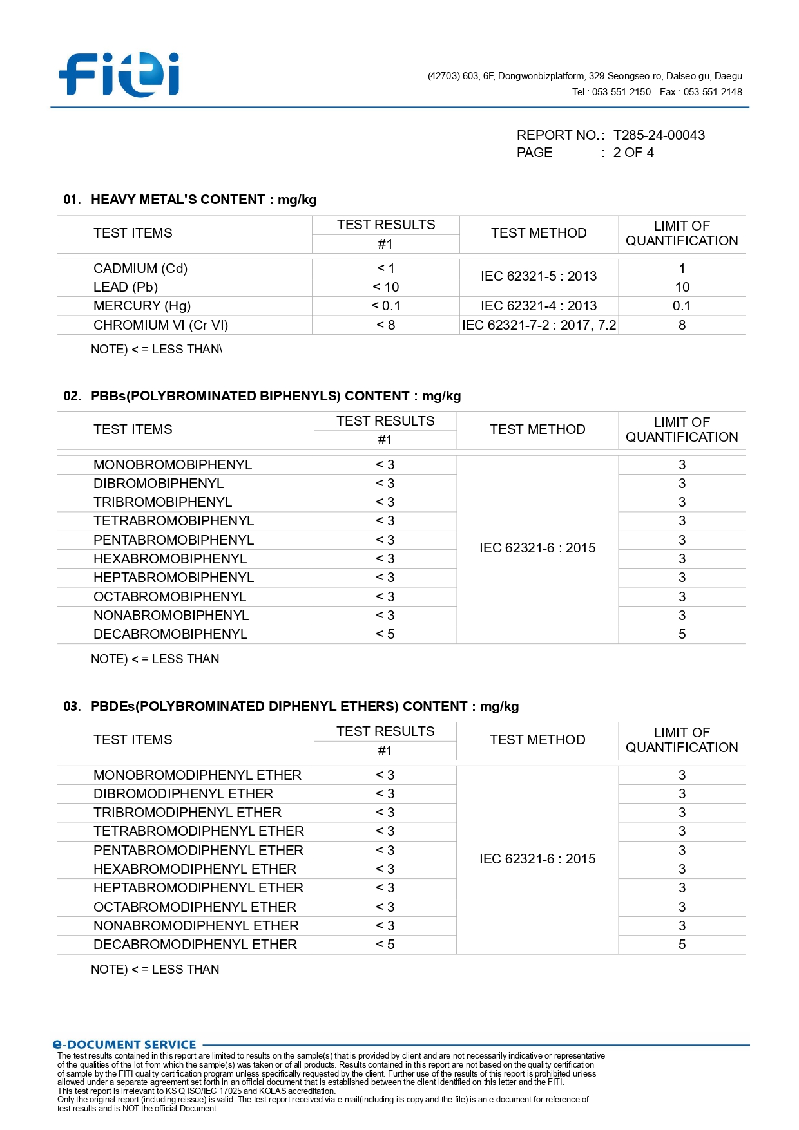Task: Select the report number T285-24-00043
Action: pyautogui.click(x=659, y=135)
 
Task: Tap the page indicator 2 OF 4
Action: pyautogui.click(x=633, y=153)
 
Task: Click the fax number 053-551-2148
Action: pyautogui.click(x=712, y=92)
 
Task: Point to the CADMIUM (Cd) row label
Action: pyautogui.click(x=140, y=268)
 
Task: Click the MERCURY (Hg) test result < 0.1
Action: pyautogui.click(x=385, y=306)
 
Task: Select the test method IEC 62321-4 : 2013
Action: pyautogui.click(x=539, y=306)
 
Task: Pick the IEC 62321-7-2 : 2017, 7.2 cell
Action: pyautogui.click(x=539, y=325)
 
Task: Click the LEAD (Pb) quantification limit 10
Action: pyautogui.click(x=682, y=287)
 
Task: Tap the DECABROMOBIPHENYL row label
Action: pyautogui.click(x=170, y=634)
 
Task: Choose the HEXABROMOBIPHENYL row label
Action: pyautogui.click(x=170, y=559)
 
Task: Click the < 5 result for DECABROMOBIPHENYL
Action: pyautogui.click(x=385, y=634)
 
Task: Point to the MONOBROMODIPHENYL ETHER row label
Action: pyautogui.click(x=197, y=775)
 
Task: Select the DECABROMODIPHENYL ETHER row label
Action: pyautogui.click(x=195, y=945)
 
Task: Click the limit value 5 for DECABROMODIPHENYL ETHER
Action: pyautogui.click(x=682, y=945)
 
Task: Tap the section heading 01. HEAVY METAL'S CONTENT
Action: pyautogui.click(x=190, y=200)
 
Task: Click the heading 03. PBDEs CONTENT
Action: pyautogui.click(x=291, y=706)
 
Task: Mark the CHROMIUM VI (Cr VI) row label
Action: pyautogui.click(x=160, y=325)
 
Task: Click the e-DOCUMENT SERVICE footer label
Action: pyautogui.click(x=124, y=1044)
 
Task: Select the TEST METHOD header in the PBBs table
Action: pyautogui.click(x=537, y=429)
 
